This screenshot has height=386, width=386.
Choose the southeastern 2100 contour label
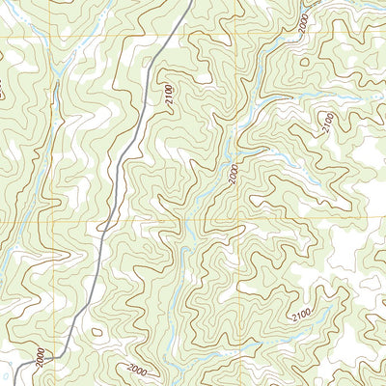click(301, 315)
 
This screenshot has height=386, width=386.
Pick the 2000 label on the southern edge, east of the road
click(137, 369)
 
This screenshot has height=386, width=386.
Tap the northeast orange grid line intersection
click(235, 39)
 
